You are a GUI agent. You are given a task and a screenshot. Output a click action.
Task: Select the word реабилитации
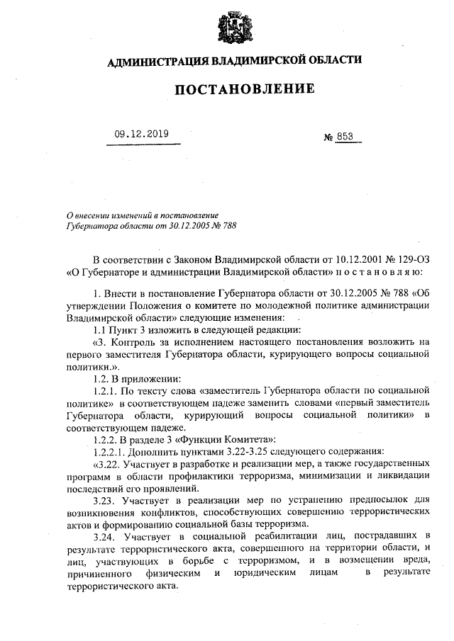pos(282,536)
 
